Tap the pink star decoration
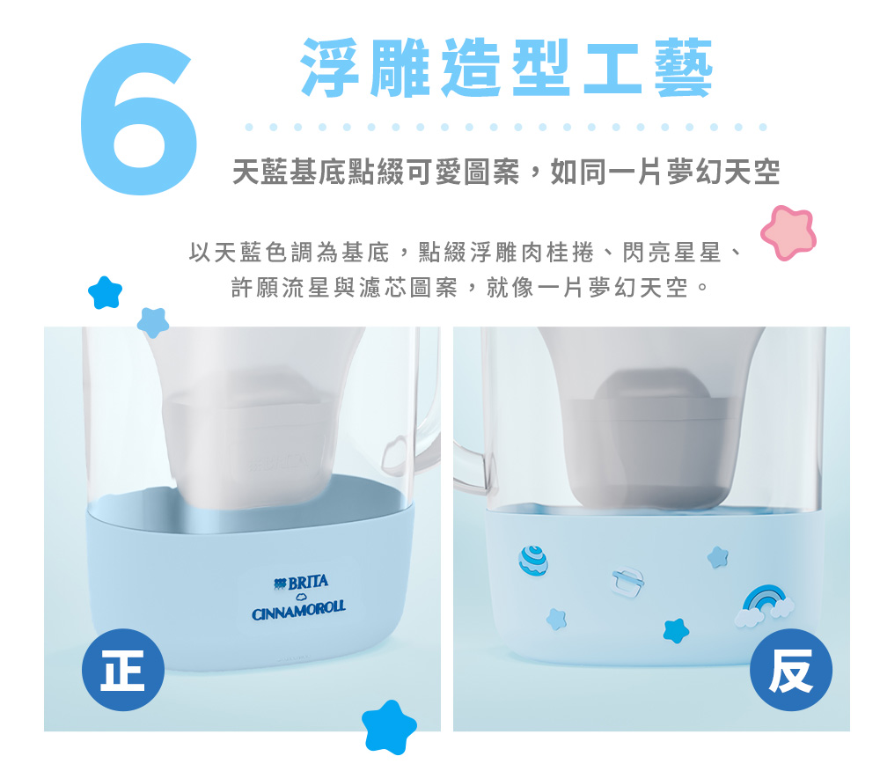788,232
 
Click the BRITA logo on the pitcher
301,583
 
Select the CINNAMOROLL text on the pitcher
298,610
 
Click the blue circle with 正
123,670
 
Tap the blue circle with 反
791,670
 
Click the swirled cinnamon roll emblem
532,560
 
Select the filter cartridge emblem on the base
627,581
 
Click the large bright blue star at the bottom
389,727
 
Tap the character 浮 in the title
330,68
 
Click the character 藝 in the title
684,68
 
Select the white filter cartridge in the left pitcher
250,444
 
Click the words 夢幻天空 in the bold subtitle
722,171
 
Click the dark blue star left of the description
105,293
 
